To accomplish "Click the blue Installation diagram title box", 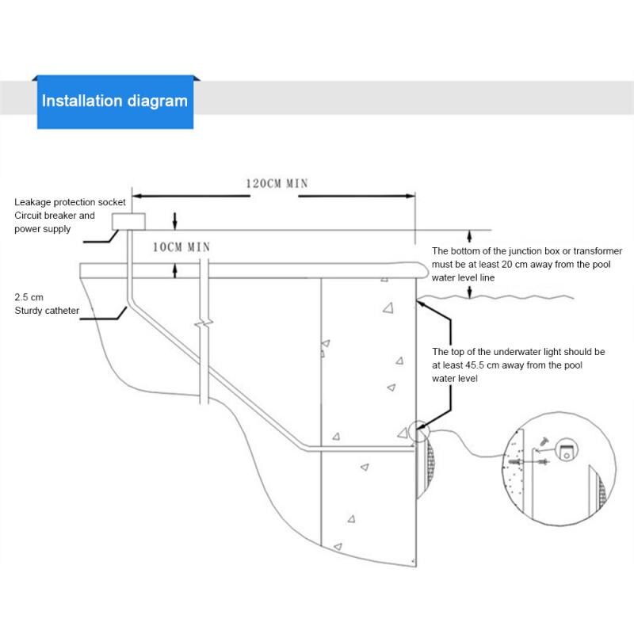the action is point(115,102).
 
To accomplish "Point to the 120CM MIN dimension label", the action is point(277,184).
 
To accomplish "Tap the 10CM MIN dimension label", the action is point(181,247).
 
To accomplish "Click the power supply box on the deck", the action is point(128,222).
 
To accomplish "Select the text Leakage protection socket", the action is point(70,202).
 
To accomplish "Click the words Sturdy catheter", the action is point(47,311).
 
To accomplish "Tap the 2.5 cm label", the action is point(29,297).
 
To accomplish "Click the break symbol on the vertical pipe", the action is point(204,323).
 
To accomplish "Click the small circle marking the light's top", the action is point(419,432).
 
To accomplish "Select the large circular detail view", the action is point(560,469).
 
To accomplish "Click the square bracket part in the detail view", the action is point(567,450).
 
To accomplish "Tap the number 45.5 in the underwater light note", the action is point(475,365).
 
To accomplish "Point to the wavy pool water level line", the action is point(495,298).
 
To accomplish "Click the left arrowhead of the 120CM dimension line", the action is point(136,196).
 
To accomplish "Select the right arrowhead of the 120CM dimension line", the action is point(411,196).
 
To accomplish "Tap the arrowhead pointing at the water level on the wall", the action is point(421,304).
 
